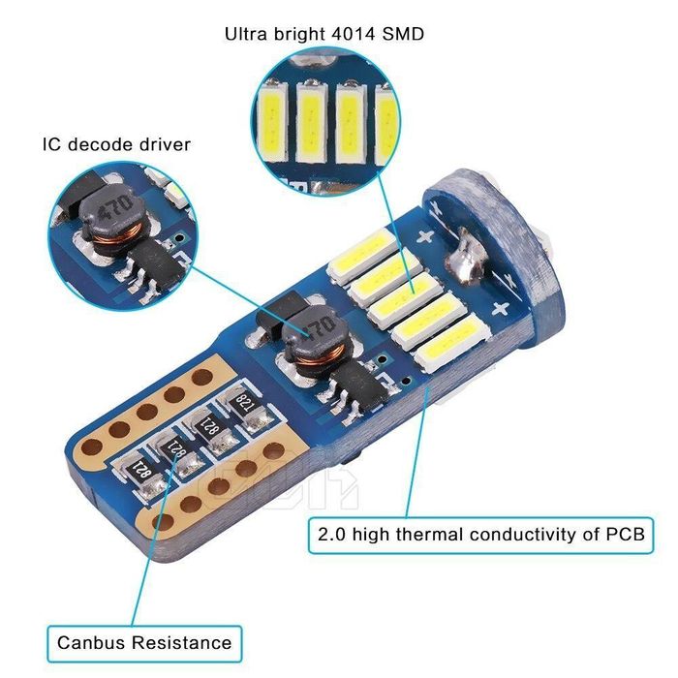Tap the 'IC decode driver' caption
(116, 144)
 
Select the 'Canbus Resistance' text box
(144, 641)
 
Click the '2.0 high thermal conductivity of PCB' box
(480, 533)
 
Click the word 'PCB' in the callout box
(624, 533)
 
